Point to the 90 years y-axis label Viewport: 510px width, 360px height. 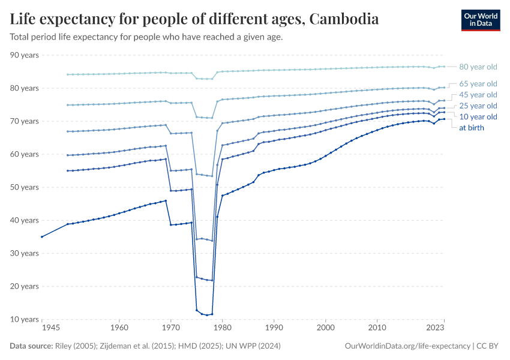[25, 55]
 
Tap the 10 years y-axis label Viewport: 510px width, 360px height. [25, 319]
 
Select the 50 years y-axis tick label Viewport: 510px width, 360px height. [25, 187]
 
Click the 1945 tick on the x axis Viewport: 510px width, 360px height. [42, 329]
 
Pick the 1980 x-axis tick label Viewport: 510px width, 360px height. [222, 329]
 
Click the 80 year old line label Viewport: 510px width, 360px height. [478, 67]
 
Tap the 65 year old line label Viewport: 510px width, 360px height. [478, 83]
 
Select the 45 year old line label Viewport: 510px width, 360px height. [478, 95]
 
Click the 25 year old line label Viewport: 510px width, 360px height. [478, 106]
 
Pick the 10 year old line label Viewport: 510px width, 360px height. [478, 116]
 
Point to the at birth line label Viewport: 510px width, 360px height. [471, 127]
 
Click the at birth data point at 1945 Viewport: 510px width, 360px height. [42, 236]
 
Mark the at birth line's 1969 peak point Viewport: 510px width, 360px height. [165, 201]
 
